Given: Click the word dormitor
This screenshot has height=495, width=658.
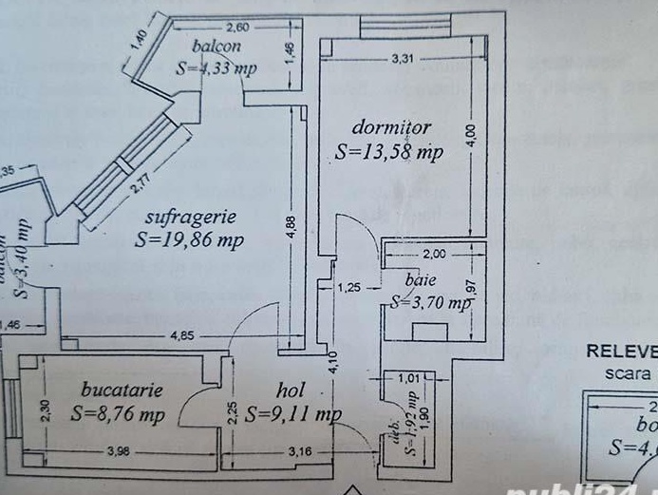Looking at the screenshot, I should [391, 127].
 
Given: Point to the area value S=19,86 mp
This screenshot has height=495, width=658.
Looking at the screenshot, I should [189, 239].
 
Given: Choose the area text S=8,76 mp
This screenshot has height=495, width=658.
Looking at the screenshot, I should [118, 414].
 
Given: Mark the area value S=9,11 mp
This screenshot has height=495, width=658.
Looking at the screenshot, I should [292, 414].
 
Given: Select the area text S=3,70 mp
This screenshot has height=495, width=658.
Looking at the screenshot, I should [430, 304].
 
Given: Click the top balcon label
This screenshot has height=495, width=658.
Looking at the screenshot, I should [215, 47].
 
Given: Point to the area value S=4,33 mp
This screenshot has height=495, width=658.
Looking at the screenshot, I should [216, 67].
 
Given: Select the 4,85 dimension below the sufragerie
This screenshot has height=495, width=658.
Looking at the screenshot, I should [184, 335].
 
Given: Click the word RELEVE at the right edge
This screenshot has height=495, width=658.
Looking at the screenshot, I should [621, 350].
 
